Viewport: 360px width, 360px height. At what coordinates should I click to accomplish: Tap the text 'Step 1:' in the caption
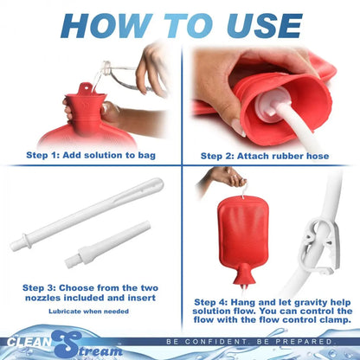tap(41, 157)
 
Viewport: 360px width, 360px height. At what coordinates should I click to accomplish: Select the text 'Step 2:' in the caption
tap(221, 157)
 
